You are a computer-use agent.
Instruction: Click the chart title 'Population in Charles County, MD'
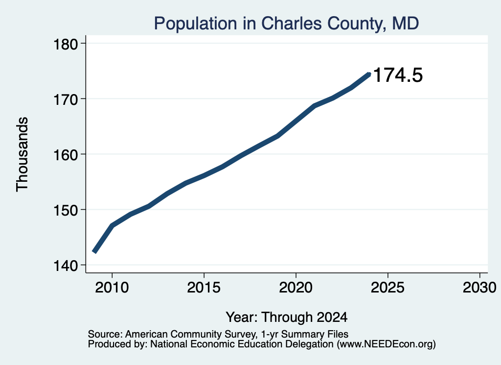coord(286,24)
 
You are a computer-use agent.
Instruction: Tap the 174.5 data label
coord(398,75)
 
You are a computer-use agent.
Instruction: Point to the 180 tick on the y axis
coord(66,44)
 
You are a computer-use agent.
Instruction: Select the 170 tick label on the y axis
coord(66,99)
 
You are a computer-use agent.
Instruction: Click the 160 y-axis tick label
coord(66,155)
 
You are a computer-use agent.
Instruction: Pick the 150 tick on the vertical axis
coord(66,210)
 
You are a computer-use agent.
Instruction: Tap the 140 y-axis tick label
coord(66,266)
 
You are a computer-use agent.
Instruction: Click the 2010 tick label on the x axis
coord(112,287)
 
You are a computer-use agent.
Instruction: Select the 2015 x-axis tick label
coord(204,287)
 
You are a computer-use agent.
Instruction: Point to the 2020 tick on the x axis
coord(296,287)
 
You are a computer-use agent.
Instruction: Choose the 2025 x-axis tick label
coord(387,287)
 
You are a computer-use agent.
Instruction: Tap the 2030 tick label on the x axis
coord(479,287)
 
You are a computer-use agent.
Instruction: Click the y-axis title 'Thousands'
coord(23,154)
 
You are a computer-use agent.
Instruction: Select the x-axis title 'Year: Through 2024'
coord(287,317)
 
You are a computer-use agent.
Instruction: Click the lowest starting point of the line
coord(93,252)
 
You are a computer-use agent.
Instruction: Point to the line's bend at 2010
coord(112,225)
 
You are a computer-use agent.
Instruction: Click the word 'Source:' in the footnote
coord(105,334)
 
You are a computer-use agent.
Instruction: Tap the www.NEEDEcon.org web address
coord(387,344)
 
